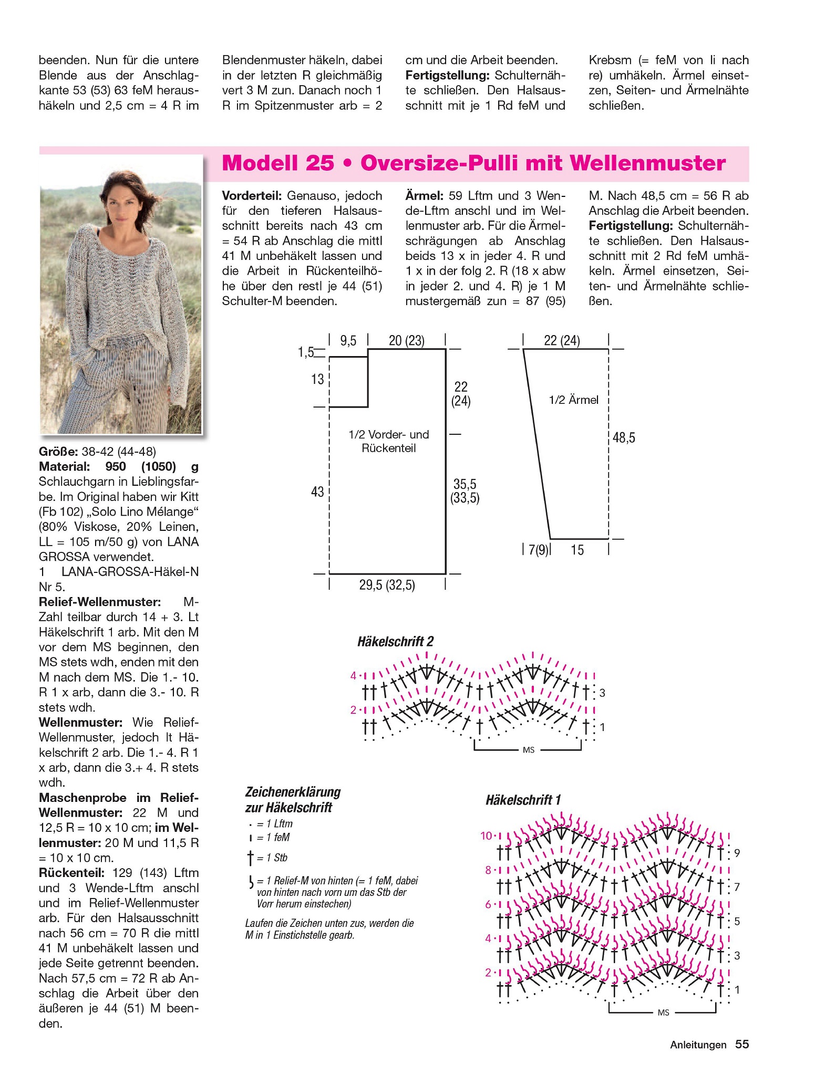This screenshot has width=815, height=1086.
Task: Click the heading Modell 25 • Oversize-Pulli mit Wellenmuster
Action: [473, 163]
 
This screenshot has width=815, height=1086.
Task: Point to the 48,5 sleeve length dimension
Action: [624, 438]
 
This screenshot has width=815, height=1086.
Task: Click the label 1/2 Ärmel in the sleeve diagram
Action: [573, 400]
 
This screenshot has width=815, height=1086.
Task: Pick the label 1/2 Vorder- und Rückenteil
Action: [388, 441]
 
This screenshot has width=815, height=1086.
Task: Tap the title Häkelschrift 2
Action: [395, 641]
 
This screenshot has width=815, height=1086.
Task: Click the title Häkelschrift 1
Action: [523, 800]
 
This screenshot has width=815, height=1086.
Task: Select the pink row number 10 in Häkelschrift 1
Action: [487, 835]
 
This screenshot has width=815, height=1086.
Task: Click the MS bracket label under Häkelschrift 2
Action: [528, 750]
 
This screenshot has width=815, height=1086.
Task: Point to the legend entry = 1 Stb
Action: [271, 858]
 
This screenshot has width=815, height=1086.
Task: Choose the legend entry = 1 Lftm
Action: [274, 824]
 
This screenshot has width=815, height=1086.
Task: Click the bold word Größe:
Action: [58, 452]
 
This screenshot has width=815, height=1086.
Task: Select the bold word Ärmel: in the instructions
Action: [424, 196]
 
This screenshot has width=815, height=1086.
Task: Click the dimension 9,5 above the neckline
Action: [348, 341]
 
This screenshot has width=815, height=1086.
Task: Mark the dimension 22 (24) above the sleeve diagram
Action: [562, 341]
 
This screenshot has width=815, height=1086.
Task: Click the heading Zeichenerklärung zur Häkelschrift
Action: [293, 799]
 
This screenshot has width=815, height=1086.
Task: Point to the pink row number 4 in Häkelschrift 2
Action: [354, 675]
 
